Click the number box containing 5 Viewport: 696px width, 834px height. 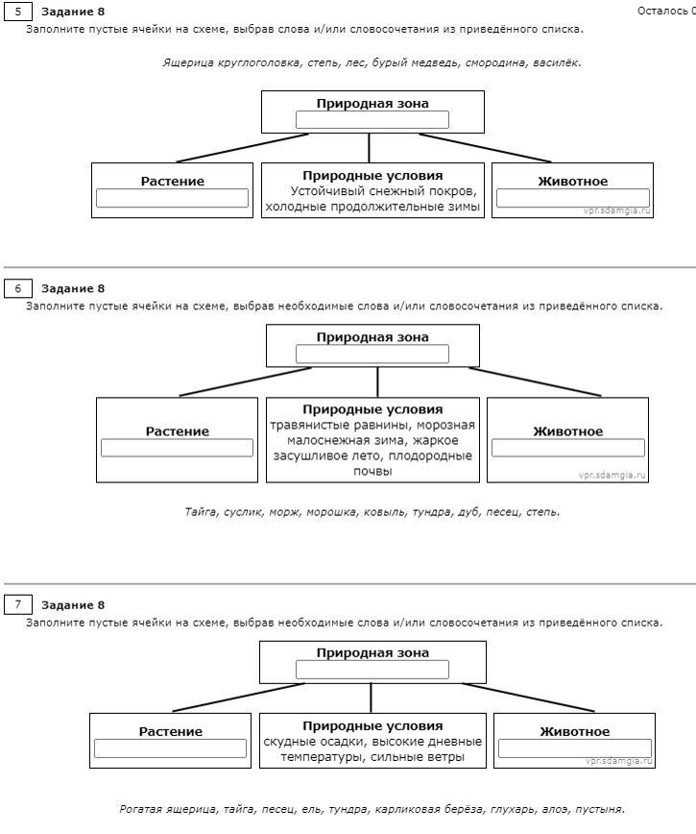click(x=18, y=12)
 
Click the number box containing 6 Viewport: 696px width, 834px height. click(x=18, y=288)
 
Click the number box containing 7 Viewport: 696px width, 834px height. click(x=18, y=604)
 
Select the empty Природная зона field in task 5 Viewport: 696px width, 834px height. click(x=372, y=120)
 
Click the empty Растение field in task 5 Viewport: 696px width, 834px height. click(x=172, y=198)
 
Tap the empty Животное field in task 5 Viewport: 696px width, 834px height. click(x=573, y=198)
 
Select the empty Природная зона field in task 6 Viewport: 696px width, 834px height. click(x=372, y=354)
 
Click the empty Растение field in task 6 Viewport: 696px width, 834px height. click(x=177, y=448)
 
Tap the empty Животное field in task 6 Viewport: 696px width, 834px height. click(x=568, y=448)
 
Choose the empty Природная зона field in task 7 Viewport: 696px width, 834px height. click(x=372, y=670)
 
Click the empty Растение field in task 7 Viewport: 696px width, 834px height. click(x=170, y=748)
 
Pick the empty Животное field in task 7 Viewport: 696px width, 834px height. click(x=575, y=748)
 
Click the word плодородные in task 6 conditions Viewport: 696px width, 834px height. click(x=430, y=455)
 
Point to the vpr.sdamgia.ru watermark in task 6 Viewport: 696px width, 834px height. click(x=612, y=475)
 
